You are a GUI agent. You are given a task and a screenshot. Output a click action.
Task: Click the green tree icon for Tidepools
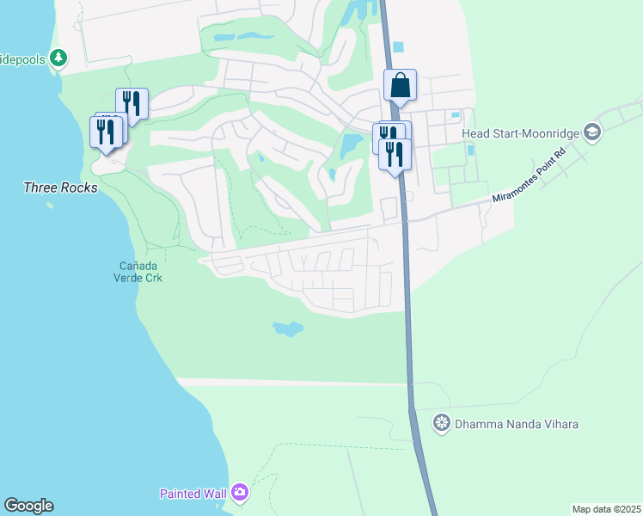coord(58,58)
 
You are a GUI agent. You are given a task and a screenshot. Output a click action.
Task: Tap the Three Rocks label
coord(60,187)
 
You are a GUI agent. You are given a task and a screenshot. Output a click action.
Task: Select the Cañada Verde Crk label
coord(138,271)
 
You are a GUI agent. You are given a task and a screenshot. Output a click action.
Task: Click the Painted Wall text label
coord(193,494)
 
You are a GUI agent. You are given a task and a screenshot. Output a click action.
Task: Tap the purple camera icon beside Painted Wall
coord(240,493)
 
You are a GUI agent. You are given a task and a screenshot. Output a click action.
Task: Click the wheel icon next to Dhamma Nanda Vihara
coord(442,423)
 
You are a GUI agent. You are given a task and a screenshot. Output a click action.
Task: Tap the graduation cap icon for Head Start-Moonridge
coord(591,132)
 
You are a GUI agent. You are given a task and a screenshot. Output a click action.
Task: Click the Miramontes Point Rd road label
coord(529,176)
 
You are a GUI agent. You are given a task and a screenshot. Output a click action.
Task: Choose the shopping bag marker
coord(400,85)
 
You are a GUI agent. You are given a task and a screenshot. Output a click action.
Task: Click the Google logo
coord(28,506)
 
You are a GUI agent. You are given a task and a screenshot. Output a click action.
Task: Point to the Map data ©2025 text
coord(606,509)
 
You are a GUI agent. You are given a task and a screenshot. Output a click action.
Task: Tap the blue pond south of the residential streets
coord(287,328)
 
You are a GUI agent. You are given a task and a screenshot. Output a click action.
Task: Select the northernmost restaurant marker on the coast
coord(132,102)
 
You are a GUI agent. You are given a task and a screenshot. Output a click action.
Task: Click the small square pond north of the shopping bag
coord(396,47)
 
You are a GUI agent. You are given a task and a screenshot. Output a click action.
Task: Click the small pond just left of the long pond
coord(223,38)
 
